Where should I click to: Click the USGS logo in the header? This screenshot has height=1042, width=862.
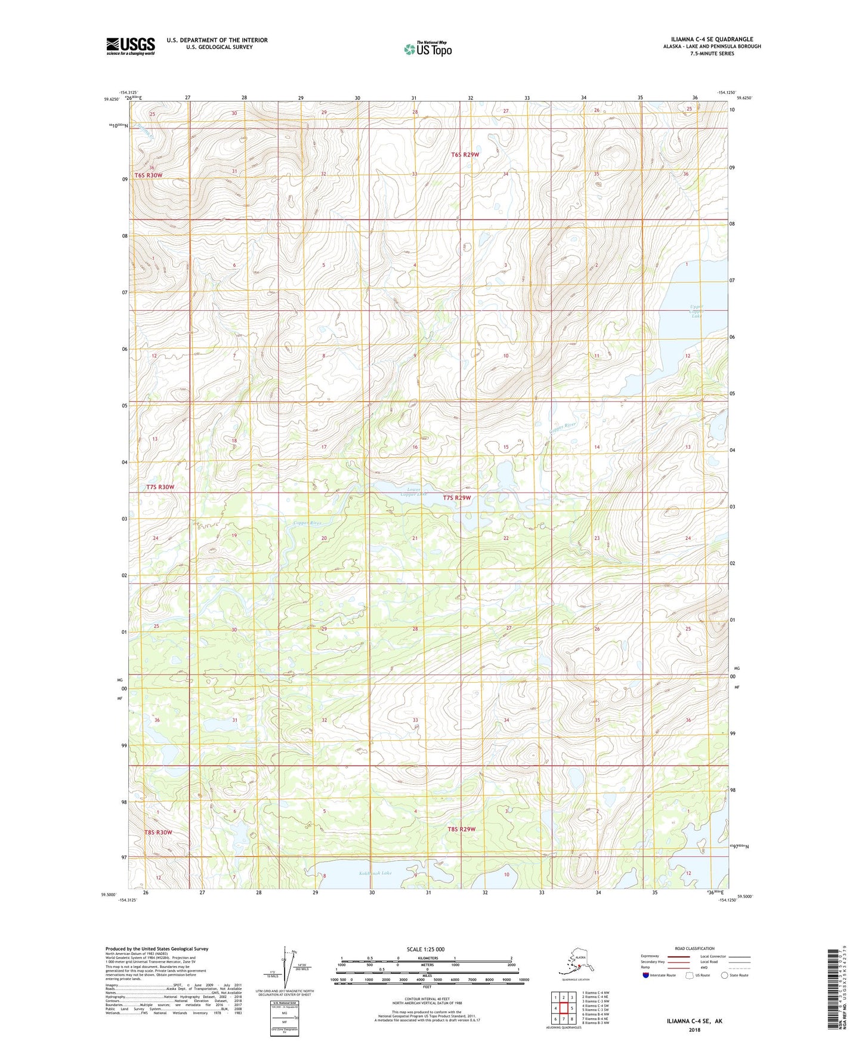[x=130, y=46]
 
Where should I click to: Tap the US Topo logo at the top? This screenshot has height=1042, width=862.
[x=428, y=48]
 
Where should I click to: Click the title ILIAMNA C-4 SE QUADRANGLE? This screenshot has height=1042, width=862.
[x=707, y=39]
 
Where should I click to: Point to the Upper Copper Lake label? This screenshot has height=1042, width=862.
[x=696, y=310]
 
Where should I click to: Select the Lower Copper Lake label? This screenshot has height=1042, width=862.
[x=413, y=492]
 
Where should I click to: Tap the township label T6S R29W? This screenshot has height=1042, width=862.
[x=465, y=155]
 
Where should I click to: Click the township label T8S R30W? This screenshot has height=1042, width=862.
[x=157, y=832]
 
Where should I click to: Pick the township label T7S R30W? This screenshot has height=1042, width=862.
[x=160, y=487]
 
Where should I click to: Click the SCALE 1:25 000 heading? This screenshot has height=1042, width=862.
[x=425, y=949]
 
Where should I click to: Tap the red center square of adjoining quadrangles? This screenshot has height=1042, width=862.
[x=564, y=1009]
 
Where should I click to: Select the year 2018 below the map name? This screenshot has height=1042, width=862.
[x=694, y=1029]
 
